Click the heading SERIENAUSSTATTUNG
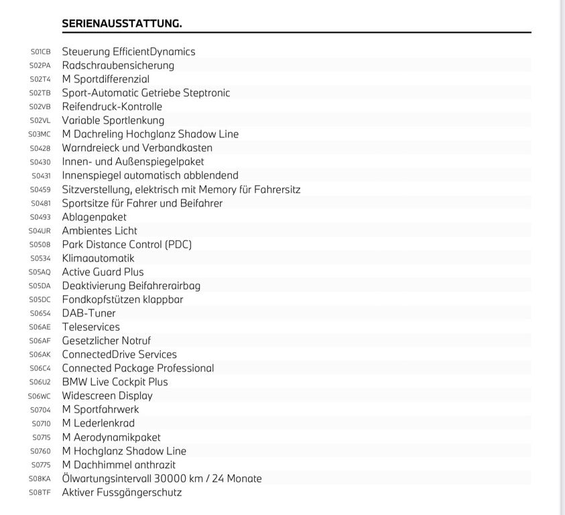[x=121, y=23]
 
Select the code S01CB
[x=40, y=52]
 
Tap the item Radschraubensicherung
[x=118, y=65]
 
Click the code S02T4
[x=40, y=79]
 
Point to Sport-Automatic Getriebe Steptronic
[x=145, y=93]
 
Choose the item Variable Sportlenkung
[x=113, y=120]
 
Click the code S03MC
[x=40, y=134]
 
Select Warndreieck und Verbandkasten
[x=137, y=148]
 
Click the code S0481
[x=40, y=203]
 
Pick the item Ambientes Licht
[x=99, y=231]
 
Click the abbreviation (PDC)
[x=178, y=244]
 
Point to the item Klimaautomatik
[x=98, y=258]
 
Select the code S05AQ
[x=40, y=272]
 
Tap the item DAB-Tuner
[x=88, y=313]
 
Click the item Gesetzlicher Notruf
[x=106, y=341]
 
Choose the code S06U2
[x=40, y=382]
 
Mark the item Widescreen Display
[x=107, y=396]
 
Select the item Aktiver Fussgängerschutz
[x=121, y=492]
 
